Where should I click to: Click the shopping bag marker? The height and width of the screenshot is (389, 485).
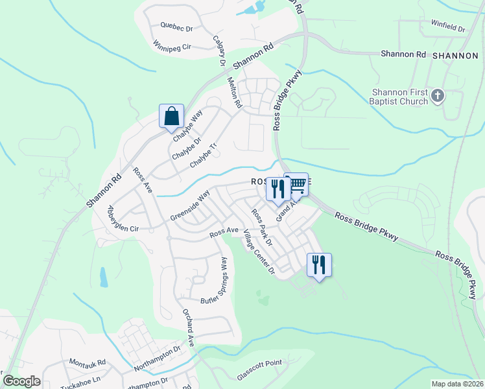pyautogui.click(x=172, y=117)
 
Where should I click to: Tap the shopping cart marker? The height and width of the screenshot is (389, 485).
pyautogui.click(x=298, y=184)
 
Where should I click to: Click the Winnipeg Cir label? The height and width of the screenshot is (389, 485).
pyautogui.click(x=172, y=47)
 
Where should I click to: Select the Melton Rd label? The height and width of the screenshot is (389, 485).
pyautogui.click(x=234, y=93)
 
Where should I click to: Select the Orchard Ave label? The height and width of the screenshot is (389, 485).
pyautogui.click(x=187, y=328)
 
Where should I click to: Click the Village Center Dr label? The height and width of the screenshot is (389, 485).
pyautogui.click(x=259, y=253)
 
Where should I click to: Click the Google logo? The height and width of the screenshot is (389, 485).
pyautogui.click(x=21, y=381)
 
